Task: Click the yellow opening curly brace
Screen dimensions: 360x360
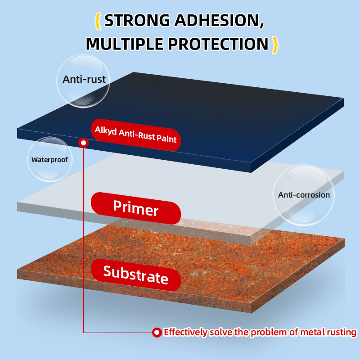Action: [97, 21]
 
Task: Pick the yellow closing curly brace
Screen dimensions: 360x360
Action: [275, 44]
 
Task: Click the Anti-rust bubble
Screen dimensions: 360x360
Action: [84, 80]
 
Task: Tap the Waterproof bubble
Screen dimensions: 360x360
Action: [49, 159]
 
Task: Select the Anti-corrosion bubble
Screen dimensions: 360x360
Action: [304, 195]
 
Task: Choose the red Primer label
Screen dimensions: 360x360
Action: [136, 208]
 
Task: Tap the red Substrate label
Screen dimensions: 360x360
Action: [136, 274]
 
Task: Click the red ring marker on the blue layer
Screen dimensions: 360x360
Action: [83, 143]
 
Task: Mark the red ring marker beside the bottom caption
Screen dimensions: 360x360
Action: [157, 333]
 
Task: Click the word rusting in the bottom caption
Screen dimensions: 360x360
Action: [340, 333]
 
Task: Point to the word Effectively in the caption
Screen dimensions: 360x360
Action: [185, 333]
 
